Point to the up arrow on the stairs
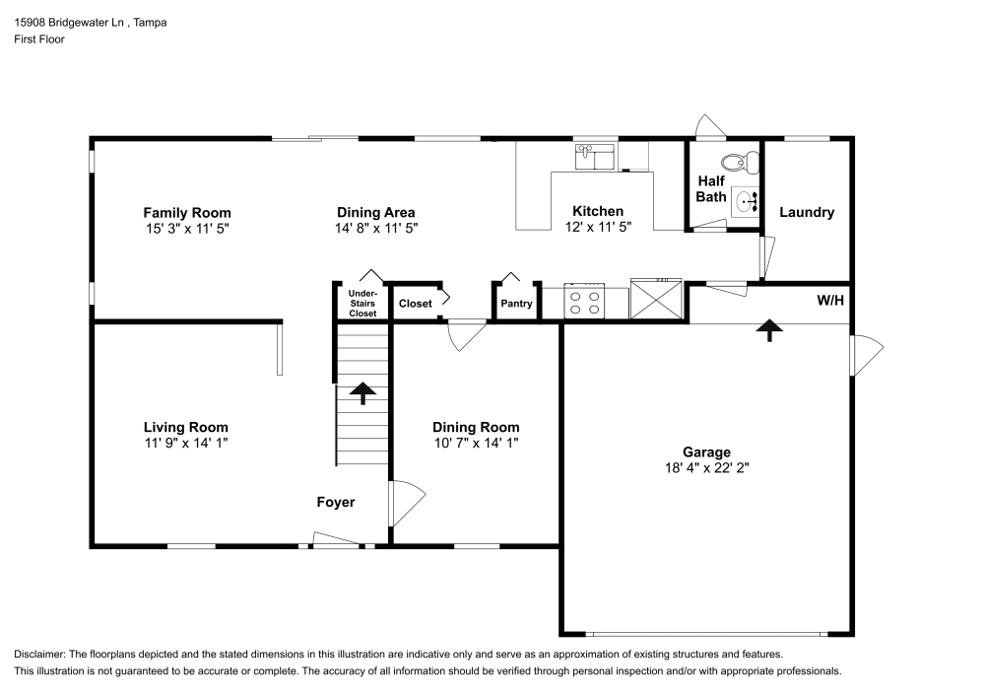pos(362,393)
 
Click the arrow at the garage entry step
pos(766,329)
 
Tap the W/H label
pos(829,300)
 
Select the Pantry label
pos(516,304)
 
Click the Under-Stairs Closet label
pos(362,304)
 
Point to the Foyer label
pos(335,502)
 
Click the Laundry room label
pos(807,212)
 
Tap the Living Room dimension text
pos(185,444)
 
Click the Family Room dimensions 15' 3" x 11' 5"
pos(187,228)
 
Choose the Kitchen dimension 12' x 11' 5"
pos(598,227)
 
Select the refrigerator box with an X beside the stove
pos(657,300)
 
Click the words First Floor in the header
pos(39,39)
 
